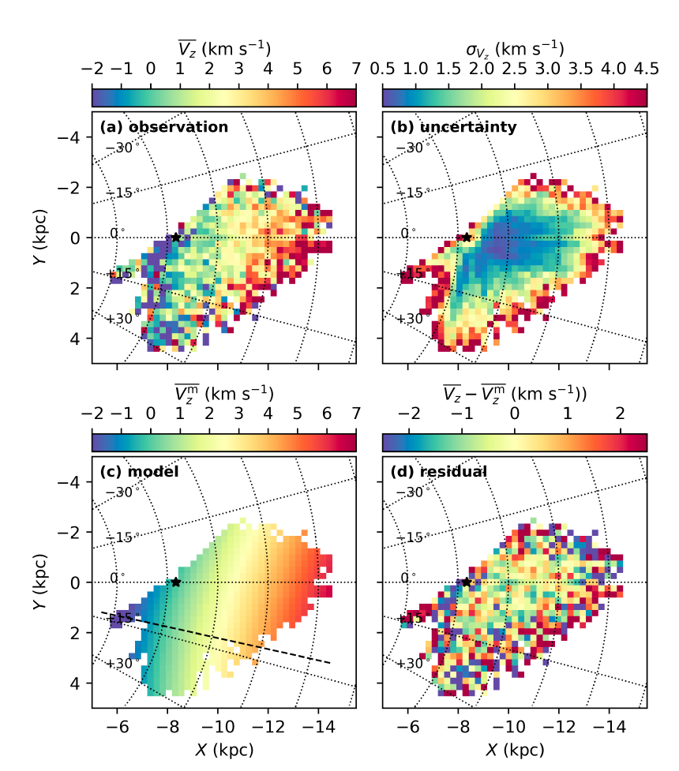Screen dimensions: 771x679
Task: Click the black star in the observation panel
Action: coord(176,237)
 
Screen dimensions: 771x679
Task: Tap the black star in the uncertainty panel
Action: coord(467,237)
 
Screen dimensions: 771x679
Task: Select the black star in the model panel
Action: coord(176,582)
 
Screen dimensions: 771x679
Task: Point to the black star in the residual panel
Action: coord(467,582)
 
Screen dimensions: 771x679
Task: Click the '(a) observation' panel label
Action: coord(163,127)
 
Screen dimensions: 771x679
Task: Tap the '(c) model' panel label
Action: coord(139,472)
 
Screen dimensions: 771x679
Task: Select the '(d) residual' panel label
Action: coord(439,472)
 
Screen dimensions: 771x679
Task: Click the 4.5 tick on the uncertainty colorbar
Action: coord(647,69)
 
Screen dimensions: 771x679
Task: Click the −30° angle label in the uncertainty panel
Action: coord(413,148)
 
